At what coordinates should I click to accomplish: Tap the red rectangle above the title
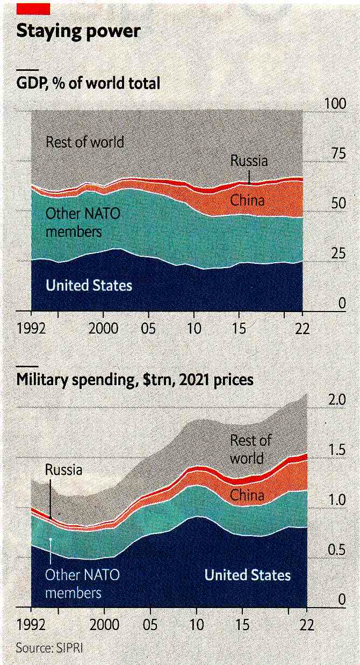33,9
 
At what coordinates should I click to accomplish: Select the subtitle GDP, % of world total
88,83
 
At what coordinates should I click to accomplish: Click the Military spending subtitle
135,380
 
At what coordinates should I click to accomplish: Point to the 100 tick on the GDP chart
335,104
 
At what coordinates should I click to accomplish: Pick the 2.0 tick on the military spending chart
337,401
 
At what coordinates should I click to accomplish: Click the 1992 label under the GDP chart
31,328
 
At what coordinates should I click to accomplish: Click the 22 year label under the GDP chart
303,328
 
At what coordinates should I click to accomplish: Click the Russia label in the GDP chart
249,161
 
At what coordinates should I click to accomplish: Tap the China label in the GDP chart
247,200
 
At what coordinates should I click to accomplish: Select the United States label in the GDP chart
89,285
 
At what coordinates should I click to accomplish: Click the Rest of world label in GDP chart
85,142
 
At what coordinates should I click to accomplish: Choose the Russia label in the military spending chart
63,469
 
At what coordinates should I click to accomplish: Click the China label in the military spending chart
247,495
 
